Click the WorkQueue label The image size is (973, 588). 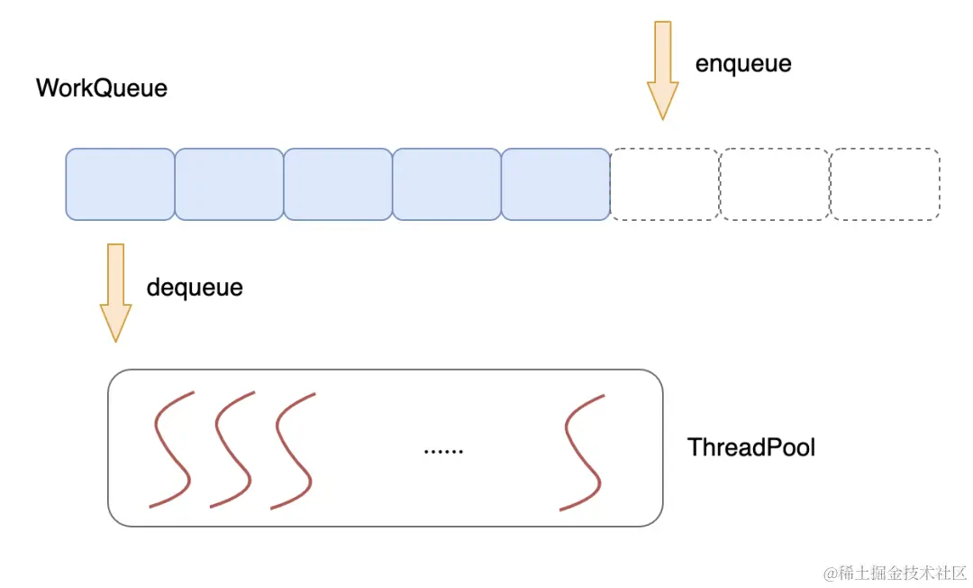(102, 88)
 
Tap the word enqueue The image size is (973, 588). (743, 64)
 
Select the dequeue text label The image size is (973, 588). (195, 288)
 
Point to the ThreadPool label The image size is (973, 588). (751, 447)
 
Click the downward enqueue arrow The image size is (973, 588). (662, 70)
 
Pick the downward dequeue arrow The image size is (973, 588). (115, 291)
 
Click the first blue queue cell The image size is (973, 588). (120, 184)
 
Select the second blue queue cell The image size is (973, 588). (229, 184)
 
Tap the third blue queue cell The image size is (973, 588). (338, 184)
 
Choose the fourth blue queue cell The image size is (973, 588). (447, 184)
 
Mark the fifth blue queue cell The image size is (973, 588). (556, 184)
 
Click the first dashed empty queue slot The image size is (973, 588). (665, 184)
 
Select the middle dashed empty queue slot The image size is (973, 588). (775, 184)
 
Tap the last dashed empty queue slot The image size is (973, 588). (885, 184)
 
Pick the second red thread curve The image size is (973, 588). (232, 449)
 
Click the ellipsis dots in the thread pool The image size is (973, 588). (443, 449)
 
